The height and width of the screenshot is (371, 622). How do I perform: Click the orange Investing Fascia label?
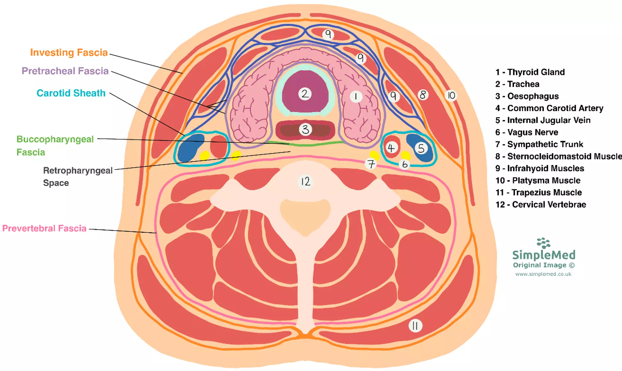[x=69, y=52]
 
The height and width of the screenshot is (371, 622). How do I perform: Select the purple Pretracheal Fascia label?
[x=65, y=71]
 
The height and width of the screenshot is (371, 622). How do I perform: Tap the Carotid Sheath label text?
[x=71, y=93]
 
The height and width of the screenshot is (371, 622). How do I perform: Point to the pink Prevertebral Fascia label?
[x=44, y=228]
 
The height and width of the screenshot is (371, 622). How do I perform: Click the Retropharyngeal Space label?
[x=78, y=177]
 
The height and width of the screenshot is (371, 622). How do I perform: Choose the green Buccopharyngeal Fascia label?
[x=55, y=146]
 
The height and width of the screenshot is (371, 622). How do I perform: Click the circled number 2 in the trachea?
[x=305, y=94]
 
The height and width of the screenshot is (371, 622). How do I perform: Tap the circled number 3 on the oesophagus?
[x=305, y=129]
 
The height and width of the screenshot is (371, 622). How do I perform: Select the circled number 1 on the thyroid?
[x=356, y=96]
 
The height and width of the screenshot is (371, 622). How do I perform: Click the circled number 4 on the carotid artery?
[x=391, y=148]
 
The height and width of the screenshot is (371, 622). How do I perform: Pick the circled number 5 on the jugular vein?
[x=421, y=148]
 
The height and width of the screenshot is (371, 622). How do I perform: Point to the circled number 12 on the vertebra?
[x=305, y=182]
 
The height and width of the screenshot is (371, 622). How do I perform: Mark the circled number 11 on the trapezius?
[x=415, y=326]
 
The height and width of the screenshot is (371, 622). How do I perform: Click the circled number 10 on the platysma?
[x=451, y=95]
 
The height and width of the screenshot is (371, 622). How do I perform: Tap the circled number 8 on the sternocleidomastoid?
[x=423, y=95]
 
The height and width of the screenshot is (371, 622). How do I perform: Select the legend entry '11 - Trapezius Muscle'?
[x=538, y=193]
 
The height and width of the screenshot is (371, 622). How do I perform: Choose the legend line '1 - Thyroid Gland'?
[x=530, y=72]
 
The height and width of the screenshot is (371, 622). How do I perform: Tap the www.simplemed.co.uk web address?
[x=543, y=274]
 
